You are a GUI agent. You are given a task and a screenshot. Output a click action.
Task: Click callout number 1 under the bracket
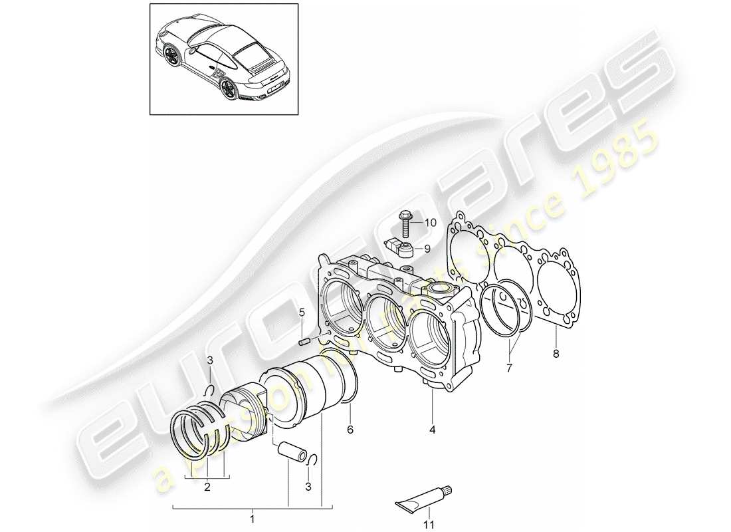coord(252,517)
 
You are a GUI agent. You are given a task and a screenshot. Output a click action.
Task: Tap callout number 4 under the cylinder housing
coord(432,430)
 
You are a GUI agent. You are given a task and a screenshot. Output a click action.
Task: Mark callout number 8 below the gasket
coord(556,354)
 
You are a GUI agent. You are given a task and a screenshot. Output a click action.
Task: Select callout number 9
coord(427,249)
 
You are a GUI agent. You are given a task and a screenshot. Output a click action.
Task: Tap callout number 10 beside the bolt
coord(431,223)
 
